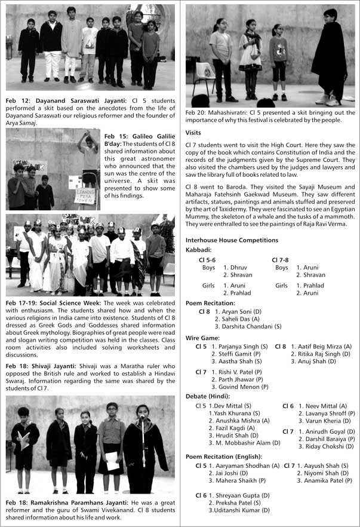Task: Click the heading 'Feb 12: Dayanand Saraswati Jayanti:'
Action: [x=59, y=102]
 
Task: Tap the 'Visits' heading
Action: [x=193, y=133]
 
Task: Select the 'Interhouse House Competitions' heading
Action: [x=232, y=240]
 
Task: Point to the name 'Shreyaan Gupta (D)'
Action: [x=240, y=495]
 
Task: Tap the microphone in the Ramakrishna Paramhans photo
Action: [x=142, y=419]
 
